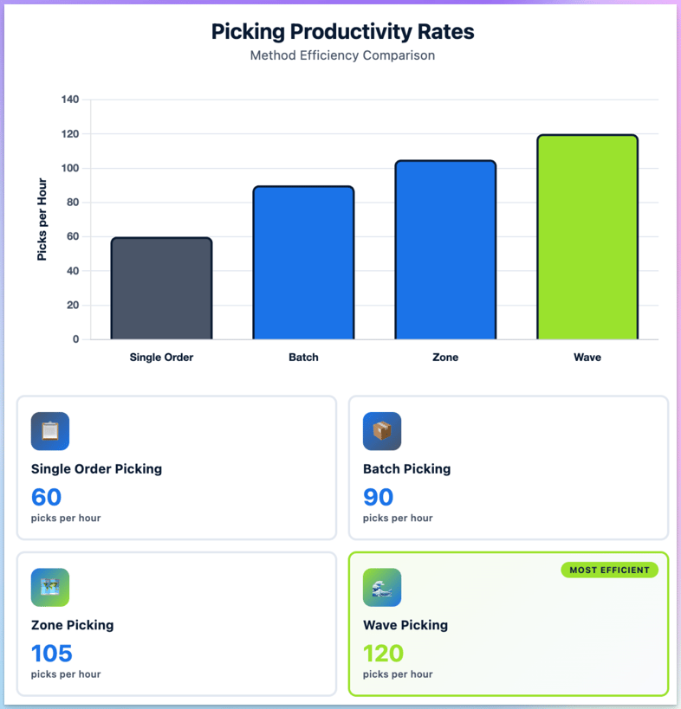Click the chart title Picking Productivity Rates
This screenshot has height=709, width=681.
click(x=342, y=32)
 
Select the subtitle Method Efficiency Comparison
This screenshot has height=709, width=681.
click(x=342, y=55)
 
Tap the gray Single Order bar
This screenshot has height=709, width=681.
click(x=161, y=288)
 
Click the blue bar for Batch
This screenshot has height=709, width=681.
click(x=303, y=262)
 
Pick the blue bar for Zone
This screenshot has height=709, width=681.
click(x=445, y=250)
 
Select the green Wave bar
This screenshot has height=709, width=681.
click(x=587, y=237)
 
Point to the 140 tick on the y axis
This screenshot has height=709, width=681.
click(x=70, y=100)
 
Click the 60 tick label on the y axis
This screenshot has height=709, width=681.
click(x=73, y=236)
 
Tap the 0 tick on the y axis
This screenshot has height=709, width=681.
click(x=75, y=339)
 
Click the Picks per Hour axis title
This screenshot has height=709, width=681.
click(x=42, y=220)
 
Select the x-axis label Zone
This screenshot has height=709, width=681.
click(x=445, y=358)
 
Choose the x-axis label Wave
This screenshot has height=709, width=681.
click(x=587, y=358)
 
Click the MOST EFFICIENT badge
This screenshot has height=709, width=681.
click(x=609, y=570)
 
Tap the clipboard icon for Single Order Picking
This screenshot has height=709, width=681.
click(x=50, y=431)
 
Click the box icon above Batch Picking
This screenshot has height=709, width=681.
click(x=382, y=431)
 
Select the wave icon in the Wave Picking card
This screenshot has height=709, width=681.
click(x=382, y=588)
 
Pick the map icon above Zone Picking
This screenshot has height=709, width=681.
click(x=50, y=588)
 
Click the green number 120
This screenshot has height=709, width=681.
click(x=384, y=653)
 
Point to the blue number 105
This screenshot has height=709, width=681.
click(x=52, y=653)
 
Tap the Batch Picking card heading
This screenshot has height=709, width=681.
click(x=406, y=469)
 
